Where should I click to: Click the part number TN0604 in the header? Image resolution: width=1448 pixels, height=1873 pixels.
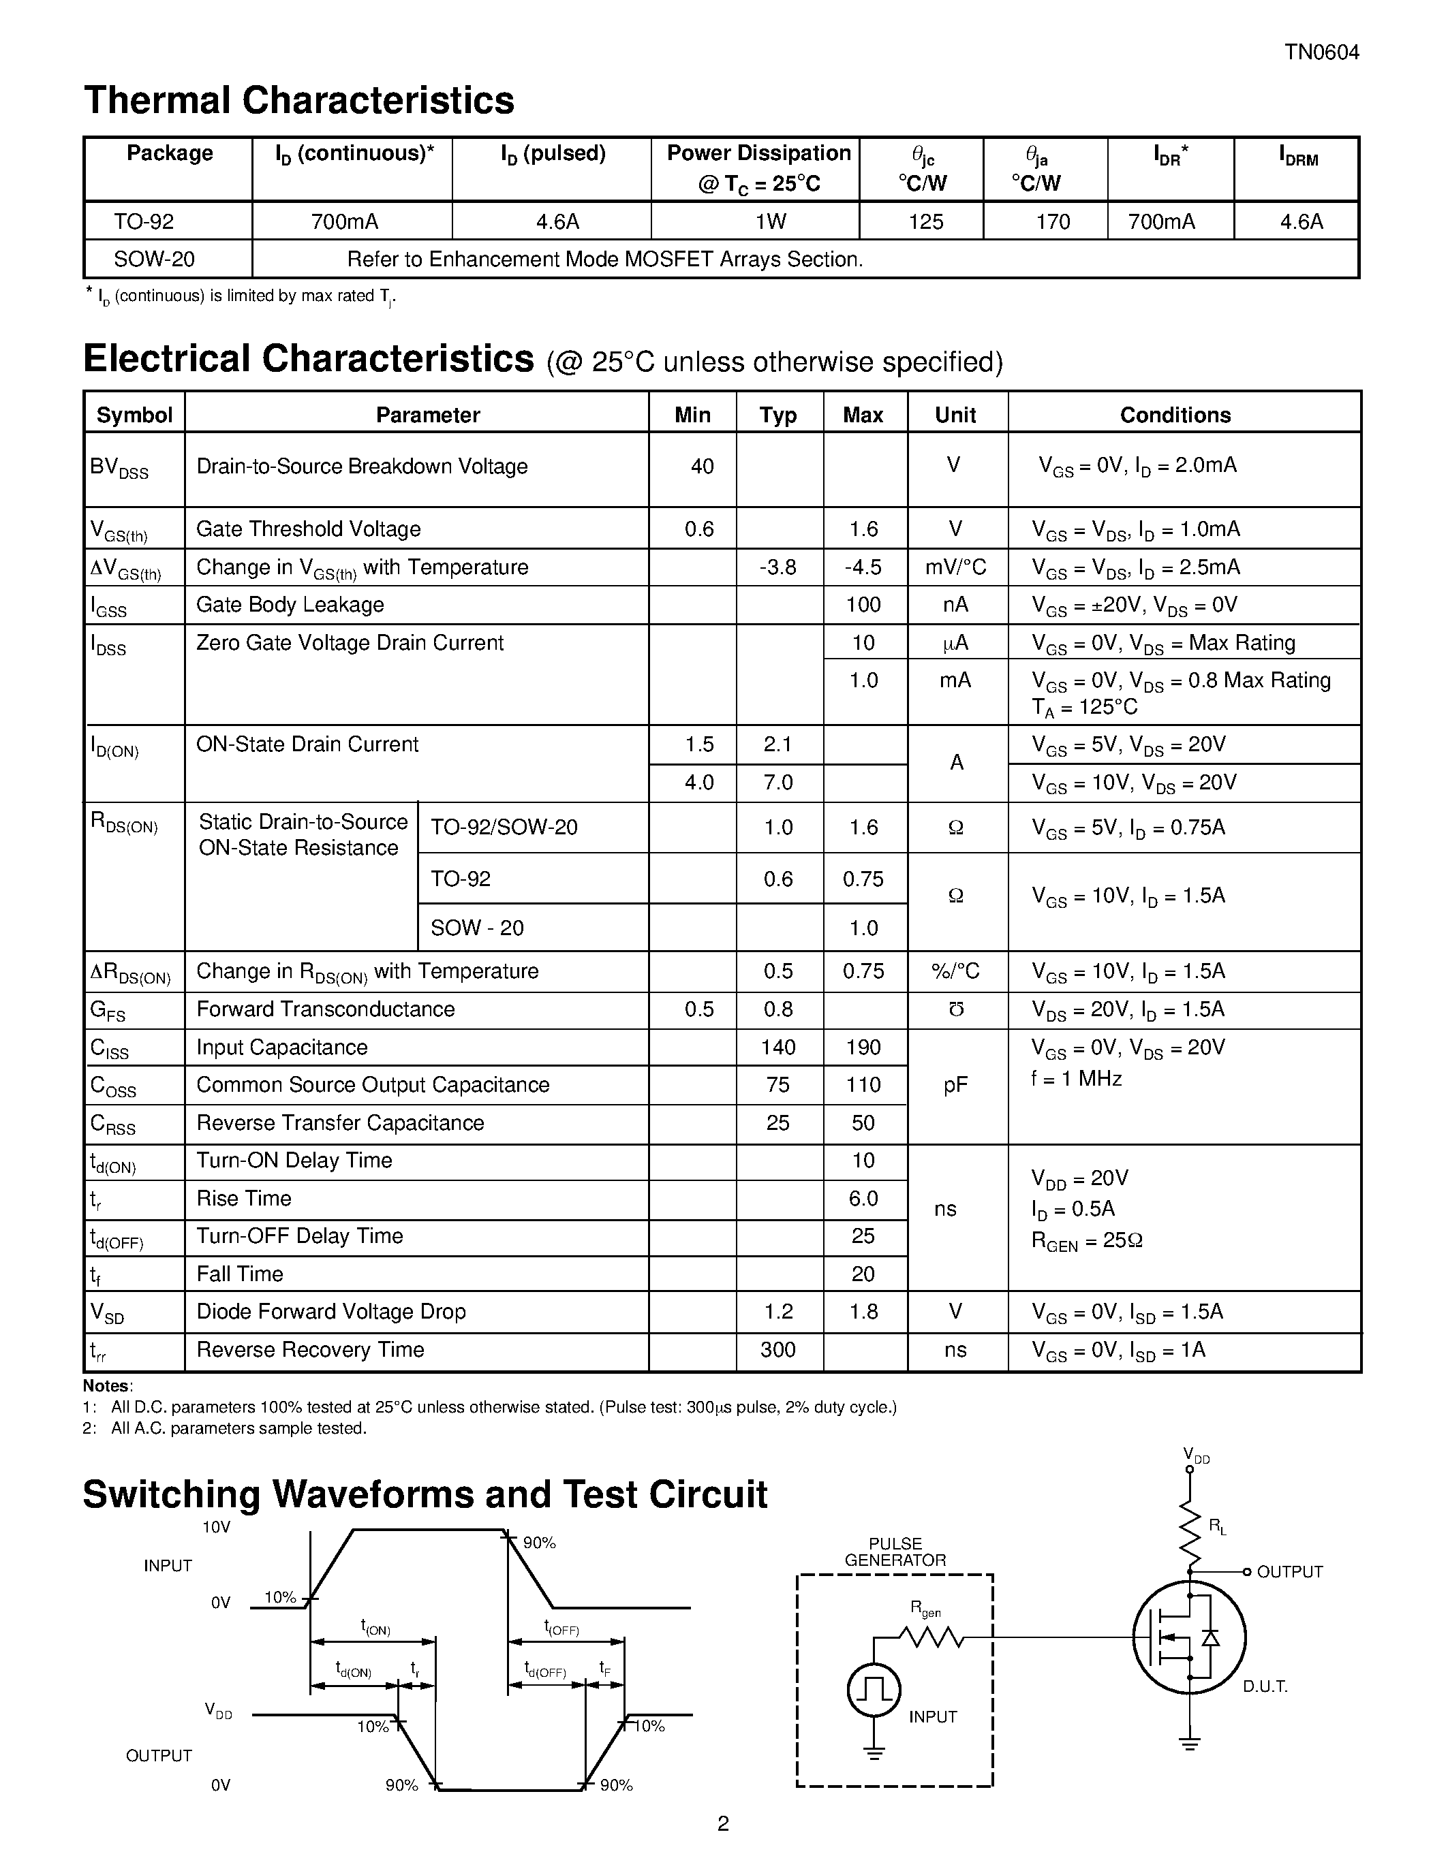pos(1321,53)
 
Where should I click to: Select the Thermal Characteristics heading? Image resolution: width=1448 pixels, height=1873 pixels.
pos(298,100)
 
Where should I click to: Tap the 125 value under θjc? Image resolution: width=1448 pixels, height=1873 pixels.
pos(925,222)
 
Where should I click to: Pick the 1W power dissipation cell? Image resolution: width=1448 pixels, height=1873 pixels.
pos(769,222)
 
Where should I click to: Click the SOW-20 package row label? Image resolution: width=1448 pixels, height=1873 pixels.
pos(155,259)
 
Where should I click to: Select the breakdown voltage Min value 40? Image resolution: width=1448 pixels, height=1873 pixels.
pos(702,467)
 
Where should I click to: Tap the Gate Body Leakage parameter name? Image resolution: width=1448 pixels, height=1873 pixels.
pos(290,605)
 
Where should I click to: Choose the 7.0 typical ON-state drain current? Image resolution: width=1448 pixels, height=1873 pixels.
pos(777,782)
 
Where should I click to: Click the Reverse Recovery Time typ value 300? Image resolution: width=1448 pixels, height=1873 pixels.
pos(777,1350)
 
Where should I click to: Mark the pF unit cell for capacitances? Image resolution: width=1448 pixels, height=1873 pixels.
pos(955,1086)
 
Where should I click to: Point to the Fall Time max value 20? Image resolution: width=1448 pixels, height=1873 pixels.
pos(863,1274)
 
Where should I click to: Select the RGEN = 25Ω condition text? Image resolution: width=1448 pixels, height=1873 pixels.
pos(1086,1241)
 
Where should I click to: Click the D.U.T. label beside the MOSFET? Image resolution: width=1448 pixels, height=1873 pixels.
pos(1265,1687)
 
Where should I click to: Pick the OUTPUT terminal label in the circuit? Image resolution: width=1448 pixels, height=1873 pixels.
pos(1289,1572)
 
